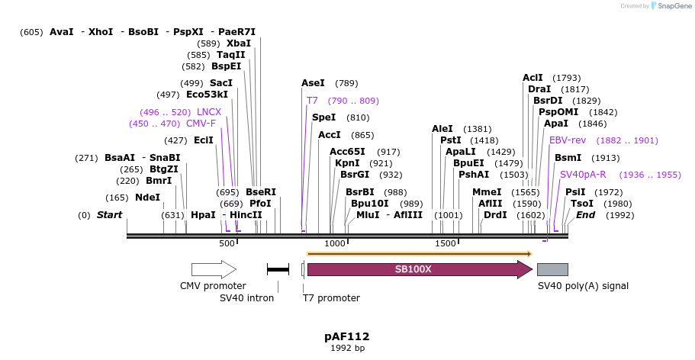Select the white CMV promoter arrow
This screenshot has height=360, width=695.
(x=213, y=269)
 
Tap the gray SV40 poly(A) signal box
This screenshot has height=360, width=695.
(x=552, y=269)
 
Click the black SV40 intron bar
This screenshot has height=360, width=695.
(x=278, y=269)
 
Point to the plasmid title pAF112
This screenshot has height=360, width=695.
(x=347, y=336)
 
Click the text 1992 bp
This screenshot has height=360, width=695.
(x=347, y=349)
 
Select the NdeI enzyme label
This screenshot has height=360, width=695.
(x=148, y=198)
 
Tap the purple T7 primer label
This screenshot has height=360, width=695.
(x=312, y=101)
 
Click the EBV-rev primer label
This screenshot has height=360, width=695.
(x=567, y=140)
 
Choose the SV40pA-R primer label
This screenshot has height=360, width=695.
(x=583, y=175)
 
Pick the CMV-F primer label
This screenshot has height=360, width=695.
(x=201, y=124)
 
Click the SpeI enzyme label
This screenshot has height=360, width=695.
(x=323, y=117)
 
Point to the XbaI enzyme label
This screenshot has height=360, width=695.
(x=239, y=43)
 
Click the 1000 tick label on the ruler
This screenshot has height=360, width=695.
(x=335, y=243)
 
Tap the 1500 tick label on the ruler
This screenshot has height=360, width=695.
(x=446, y=243)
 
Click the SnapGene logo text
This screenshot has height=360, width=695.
(x=672, y=6)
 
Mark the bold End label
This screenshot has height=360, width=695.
(x=585, y=215)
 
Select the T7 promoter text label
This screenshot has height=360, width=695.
(x=331, y=298)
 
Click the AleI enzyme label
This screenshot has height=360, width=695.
(x=442, y=129)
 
